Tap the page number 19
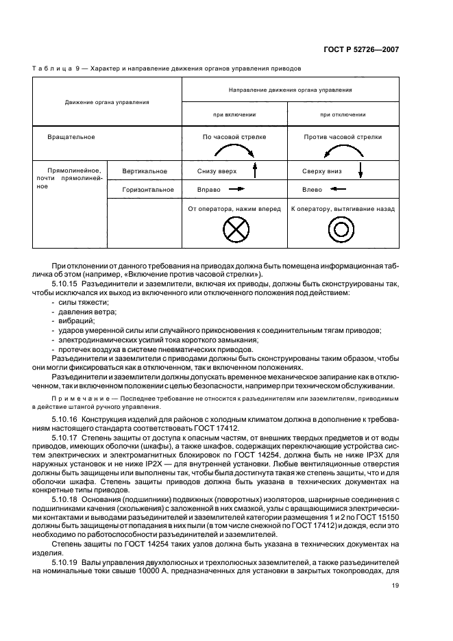pyautogui.click(x=395, y=586)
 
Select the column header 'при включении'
pyautogui.click(x=234, y=114)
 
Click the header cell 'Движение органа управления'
pyautogui.click(x=107, y=102)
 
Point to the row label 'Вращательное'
pyautogui.click(x=71, y=137)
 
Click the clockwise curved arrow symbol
pyautogui.click(x=234, y=150)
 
